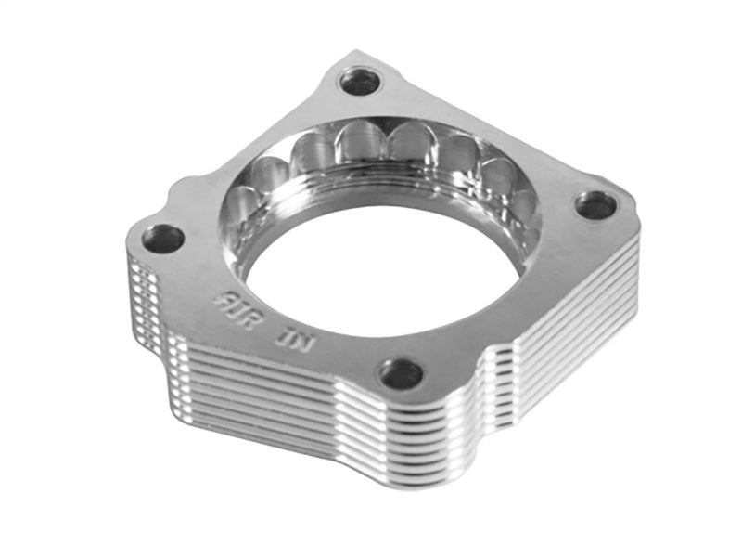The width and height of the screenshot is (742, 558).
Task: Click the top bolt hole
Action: pyautogui.click(x=360, y=82)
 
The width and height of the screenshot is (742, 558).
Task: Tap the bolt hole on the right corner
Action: pyautogui.click(x=595, y=204)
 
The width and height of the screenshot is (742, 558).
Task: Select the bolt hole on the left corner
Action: pyautogui.click(x=163, y=239)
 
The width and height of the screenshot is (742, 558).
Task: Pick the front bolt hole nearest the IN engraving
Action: pyautogui.click(x=401, y=373)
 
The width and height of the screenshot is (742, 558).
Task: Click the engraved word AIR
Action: pyautogui.click(x=231, y=301)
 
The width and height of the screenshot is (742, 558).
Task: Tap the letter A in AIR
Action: pyautogui.click(x=220, y=297)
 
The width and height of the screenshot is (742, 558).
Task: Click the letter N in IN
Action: pyautogui.click(x=307, y=342)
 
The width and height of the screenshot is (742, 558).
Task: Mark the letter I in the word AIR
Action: pyautogui.click(x=232, y=302)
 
